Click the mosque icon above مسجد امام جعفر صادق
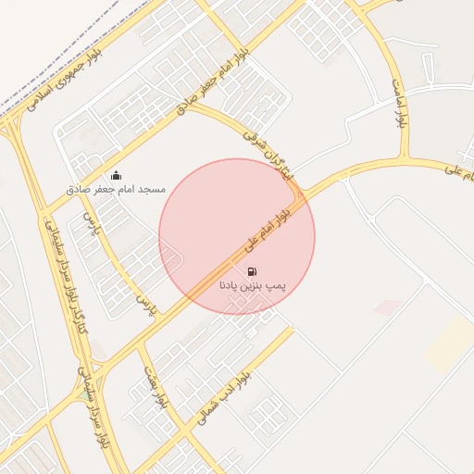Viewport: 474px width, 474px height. point(116,175)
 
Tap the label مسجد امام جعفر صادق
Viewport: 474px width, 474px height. point(116,189)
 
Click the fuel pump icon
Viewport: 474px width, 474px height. point(252,272)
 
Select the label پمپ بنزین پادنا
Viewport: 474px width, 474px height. point(252,286)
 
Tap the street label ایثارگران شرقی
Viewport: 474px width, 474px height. point(266,154)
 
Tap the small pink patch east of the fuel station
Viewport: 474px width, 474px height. point(387,306)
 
